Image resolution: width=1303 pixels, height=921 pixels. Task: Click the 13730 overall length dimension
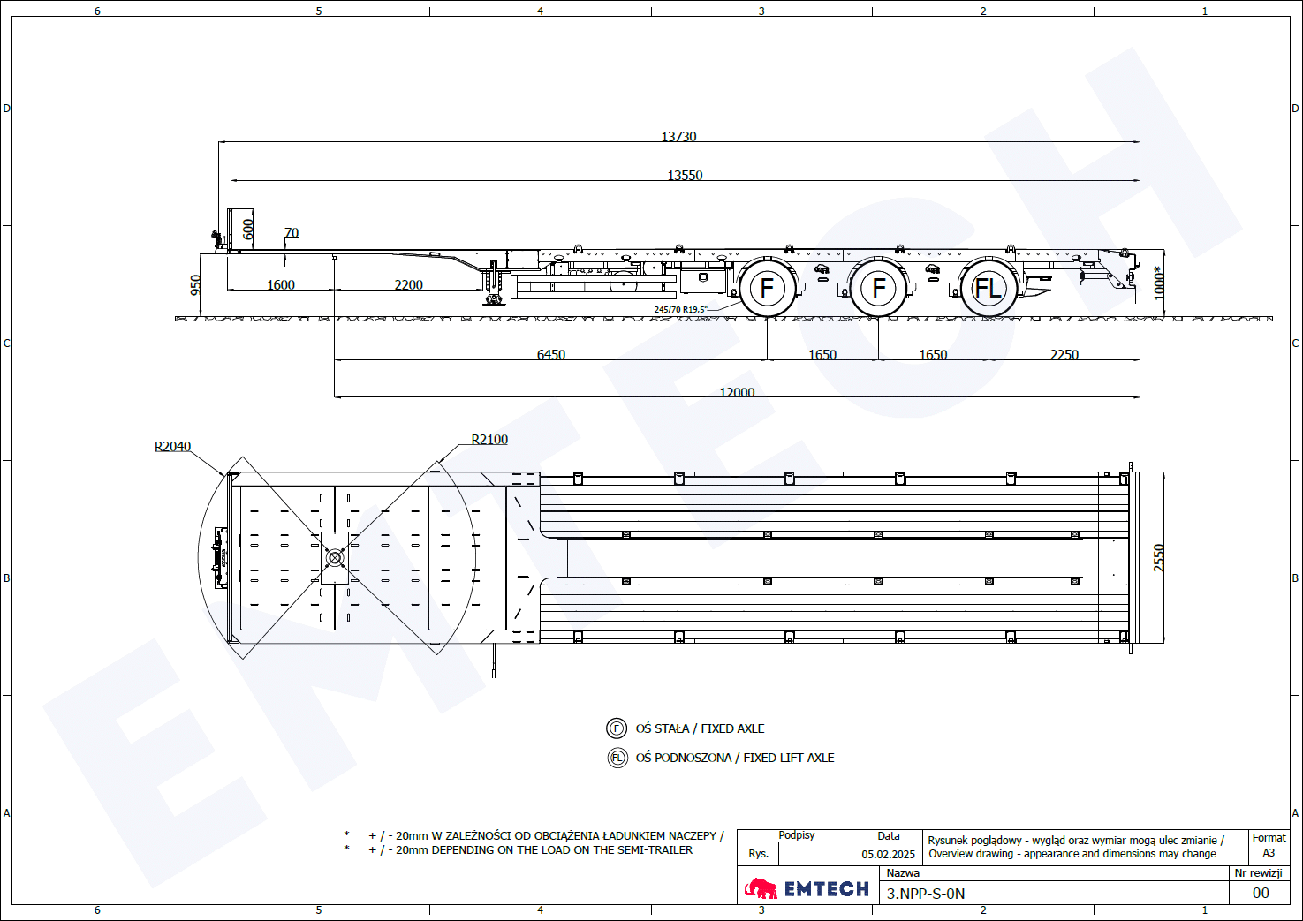click(x=678, y=136)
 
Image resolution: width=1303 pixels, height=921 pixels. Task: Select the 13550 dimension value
click(x=685, y=175)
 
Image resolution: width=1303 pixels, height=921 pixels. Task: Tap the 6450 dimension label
click(x=551, y=354)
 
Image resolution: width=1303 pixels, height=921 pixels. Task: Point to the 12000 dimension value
click(x=737, y=392)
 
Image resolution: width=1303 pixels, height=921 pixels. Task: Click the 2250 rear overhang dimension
click(x=1064, y=354)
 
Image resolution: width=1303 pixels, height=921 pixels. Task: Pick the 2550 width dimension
click(x=1159, y=557)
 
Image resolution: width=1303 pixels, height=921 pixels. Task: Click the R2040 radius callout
click(x=172, y=446)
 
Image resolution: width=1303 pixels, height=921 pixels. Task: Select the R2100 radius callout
click(x=489, y=439)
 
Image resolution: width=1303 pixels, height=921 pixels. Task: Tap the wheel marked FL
click(x=989, y=288)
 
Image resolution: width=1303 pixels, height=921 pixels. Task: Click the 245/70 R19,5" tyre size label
click(x=680, y=309)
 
